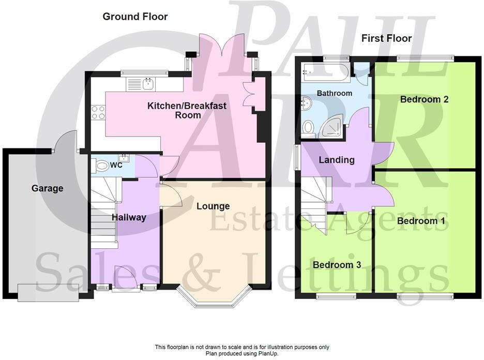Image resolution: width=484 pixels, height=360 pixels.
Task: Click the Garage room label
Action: pos(47,188)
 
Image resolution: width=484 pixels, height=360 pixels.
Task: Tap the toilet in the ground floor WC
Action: pos(101,166)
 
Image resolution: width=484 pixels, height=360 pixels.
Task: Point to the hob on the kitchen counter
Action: pos(98,112)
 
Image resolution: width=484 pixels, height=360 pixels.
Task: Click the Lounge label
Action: pos(213,206)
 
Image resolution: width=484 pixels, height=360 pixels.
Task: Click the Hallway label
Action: pos(129,217)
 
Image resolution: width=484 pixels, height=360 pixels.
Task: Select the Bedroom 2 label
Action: pos(424,99)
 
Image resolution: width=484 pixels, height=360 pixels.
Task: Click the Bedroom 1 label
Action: pos(421,221)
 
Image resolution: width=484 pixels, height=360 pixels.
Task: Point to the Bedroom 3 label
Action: pos(337,265)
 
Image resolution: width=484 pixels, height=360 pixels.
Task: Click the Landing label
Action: pos(336,160)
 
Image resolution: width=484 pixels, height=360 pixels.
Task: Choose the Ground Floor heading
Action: pos(135,17)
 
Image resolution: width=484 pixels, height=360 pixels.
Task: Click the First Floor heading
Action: pos(386,38)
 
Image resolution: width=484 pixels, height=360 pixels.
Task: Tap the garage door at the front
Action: pos(49,292)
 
